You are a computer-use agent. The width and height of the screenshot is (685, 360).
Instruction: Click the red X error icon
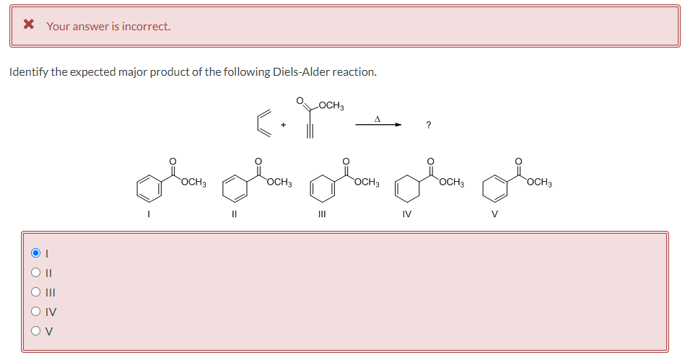click(x=29, y=25)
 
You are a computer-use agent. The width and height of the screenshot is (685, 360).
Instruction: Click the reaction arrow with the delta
click(x=378, y=124)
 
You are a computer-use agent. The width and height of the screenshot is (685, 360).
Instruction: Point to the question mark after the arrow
click(x=429, y=126)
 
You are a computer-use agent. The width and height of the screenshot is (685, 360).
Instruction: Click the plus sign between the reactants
click(x=284, y=125)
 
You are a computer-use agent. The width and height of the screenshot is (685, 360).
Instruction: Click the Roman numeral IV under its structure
click(x=407, y=214)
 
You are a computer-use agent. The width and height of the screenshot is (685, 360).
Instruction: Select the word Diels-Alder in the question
click(x=300, y=71)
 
